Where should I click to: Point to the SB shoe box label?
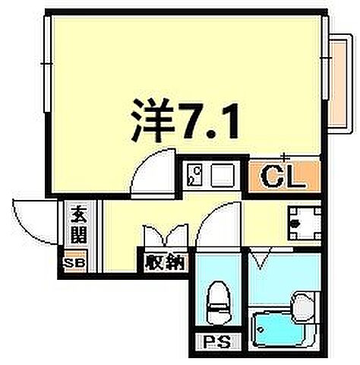tap(74, 262)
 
